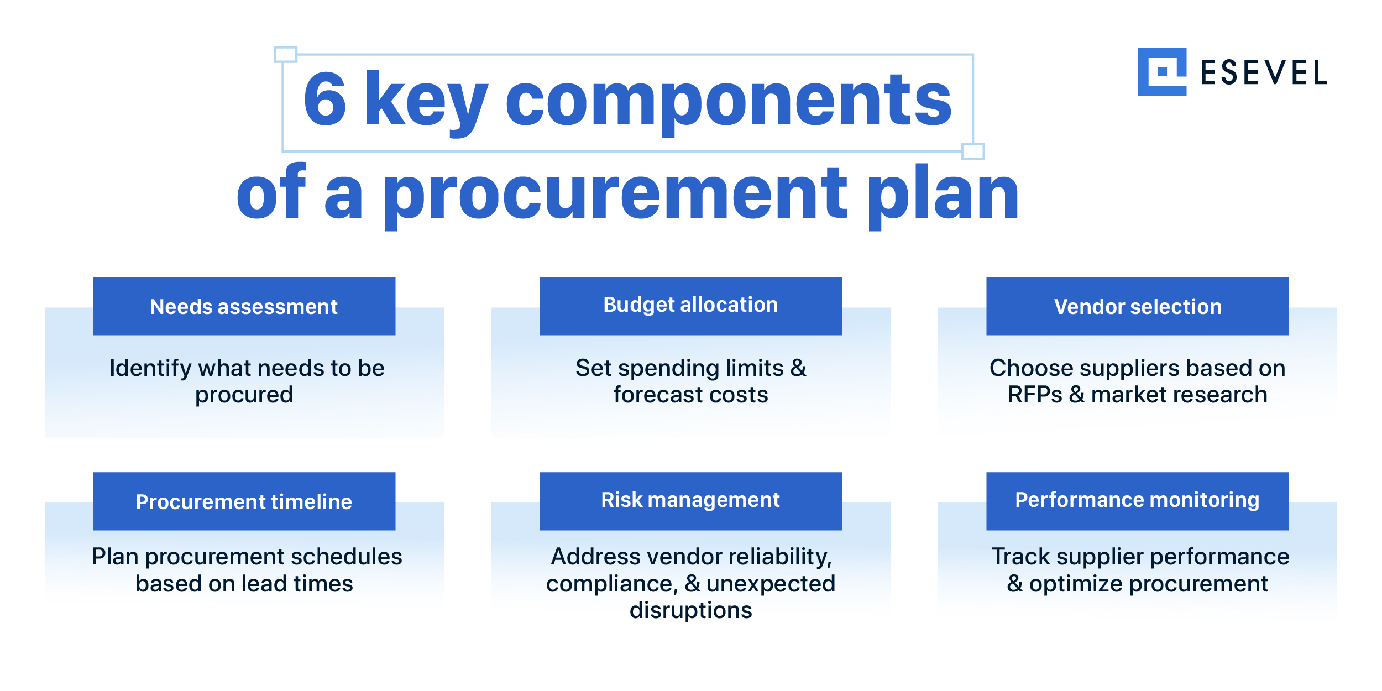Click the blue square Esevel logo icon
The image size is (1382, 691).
[x=1161, y=72]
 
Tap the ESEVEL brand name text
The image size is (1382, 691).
[x=1264, y=73]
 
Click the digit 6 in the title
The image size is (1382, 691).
[x=325, y=100]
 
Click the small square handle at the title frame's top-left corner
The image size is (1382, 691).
[x=286, y=54]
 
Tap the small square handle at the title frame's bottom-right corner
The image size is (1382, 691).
[x=973, y=151]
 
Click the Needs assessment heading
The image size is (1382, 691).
[x=244, y=307]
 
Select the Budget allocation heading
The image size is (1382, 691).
[x=690, y=305]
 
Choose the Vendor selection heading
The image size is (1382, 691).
[x=1138, y=307]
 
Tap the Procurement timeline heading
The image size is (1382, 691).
[x=244, y=502]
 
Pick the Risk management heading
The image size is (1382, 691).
[x=690, y=500]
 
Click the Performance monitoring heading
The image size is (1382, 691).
[x=1137, y=500]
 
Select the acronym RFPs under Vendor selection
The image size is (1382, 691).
[x=1034, y=395]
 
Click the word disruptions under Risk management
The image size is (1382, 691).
[x=690, y=610]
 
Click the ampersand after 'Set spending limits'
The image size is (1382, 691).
[x=798, y=368]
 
